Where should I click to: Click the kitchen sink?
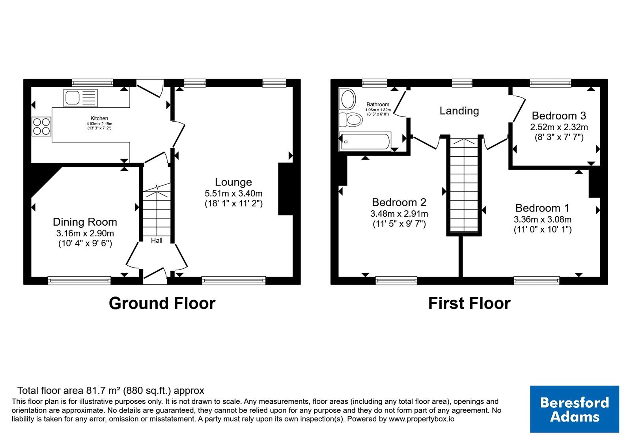click(80, 98)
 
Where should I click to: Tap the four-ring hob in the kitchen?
click(41, 126)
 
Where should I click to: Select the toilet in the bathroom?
click(351, 120)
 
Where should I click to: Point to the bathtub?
click(365, 142)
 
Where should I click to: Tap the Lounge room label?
click(233, 182)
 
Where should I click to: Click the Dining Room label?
click(85, 222)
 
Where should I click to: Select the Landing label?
click(459, 111)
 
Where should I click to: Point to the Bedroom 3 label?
click(559, 116)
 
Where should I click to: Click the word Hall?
click(157, 240)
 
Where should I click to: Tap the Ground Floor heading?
click(162, 303)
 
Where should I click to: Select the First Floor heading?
click(469, 303)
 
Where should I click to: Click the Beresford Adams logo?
click(574, 409)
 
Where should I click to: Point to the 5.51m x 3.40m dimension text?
click(233, 194)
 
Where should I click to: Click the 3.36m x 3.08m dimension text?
click(543, 219)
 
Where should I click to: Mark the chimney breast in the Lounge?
click(286, 189)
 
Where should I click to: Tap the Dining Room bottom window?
click(79, 281)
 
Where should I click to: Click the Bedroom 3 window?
click(551, 83)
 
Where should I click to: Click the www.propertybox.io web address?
click(422, 419)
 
